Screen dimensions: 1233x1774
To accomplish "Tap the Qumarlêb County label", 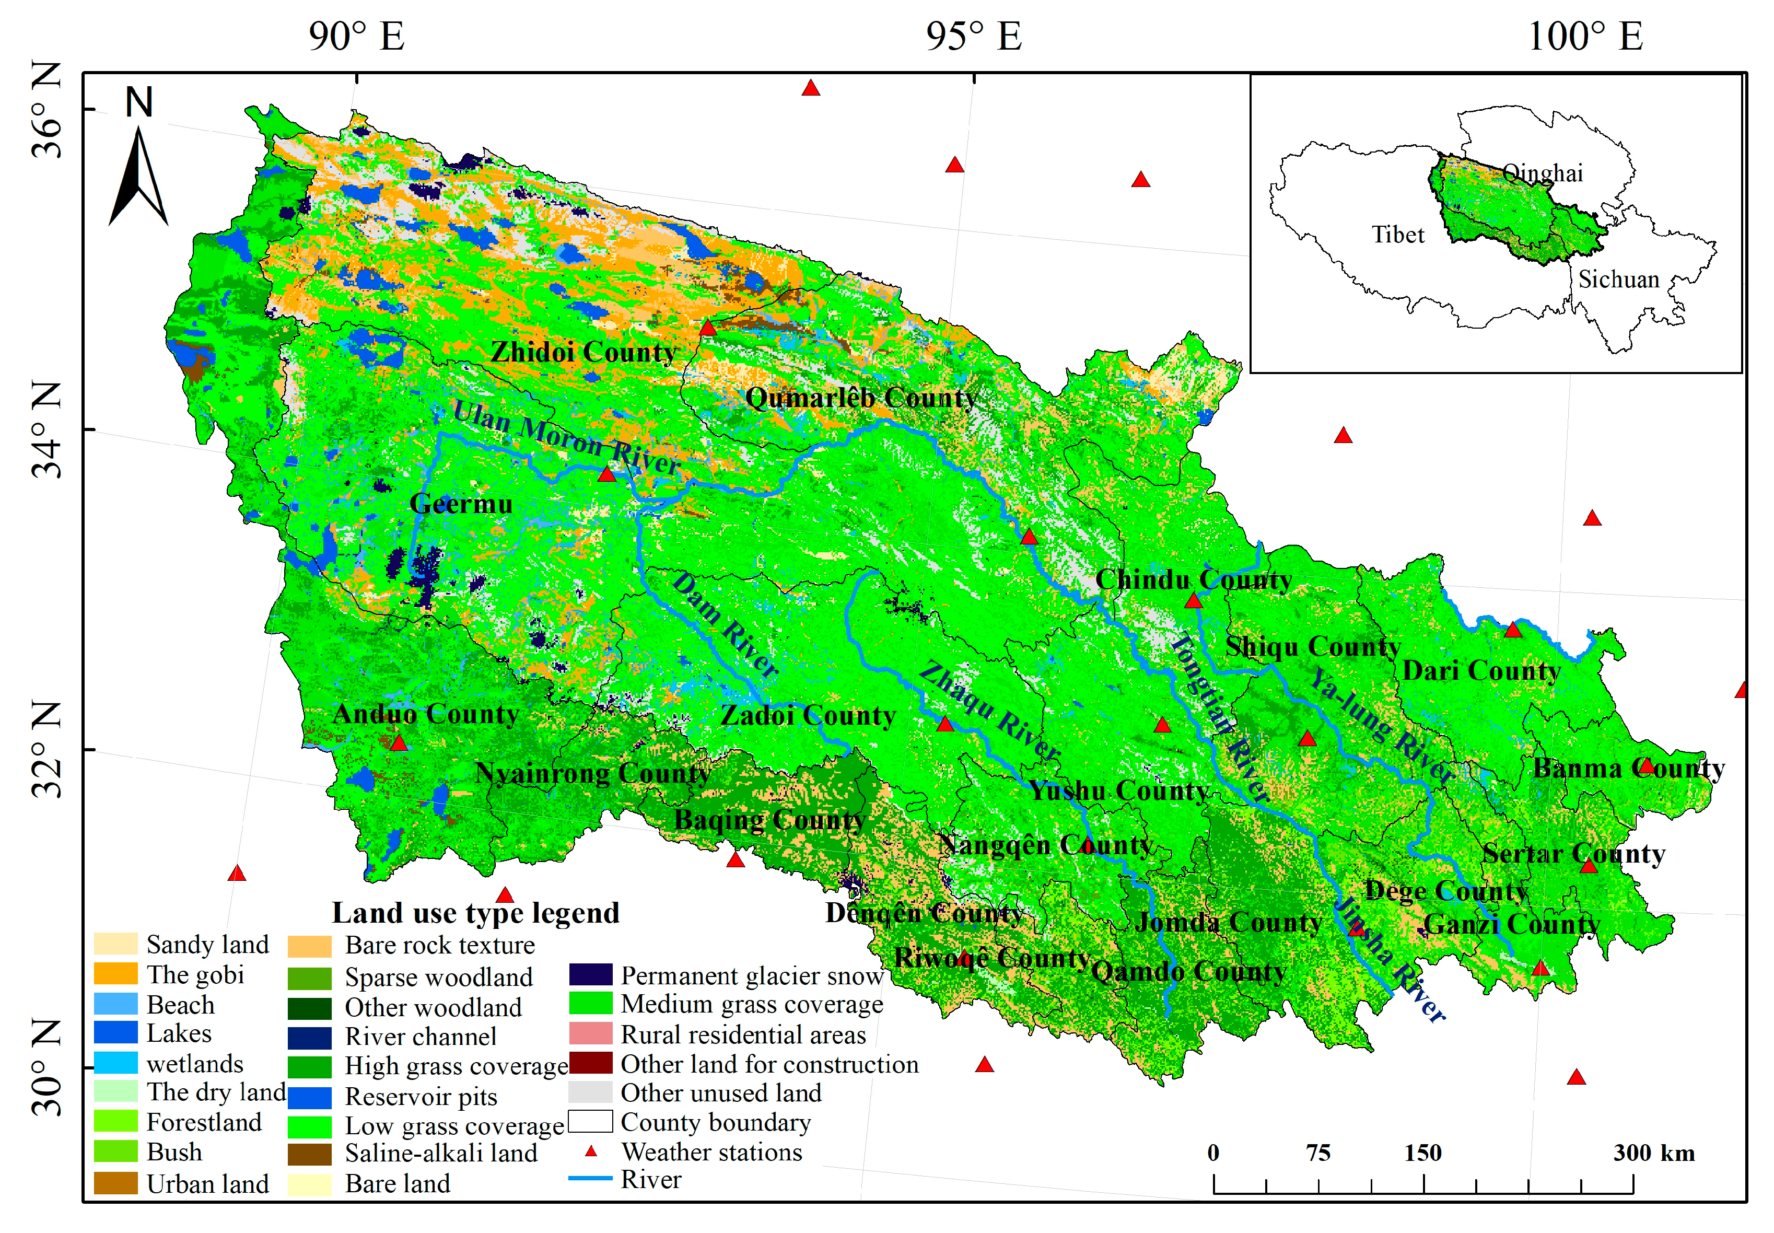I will (861, 398).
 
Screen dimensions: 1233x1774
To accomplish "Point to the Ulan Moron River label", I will (566, 437).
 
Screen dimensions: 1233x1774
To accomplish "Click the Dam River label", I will (725, 625).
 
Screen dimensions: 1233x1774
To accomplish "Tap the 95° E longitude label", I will (973, 36).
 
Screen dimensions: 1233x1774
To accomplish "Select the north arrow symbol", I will (139, 176).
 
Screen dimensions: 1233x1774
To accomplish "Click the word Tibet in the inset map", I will (1397, 235).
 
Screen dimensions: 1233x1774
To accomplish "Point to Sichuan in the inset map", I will (1618, 280).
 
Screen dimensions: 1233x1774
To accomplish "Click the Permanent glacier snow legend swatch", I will (591, 974).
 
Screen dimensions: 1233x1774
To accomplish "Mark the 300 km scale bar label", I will (1653, 1154).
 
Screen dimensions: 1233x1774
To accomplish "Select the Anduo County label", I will (426, 714).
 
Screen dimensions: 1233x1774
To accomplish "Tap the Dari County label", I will (1480, 671).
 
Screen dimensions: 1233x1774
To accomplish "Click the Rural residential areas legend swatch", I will (591, 1033).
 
